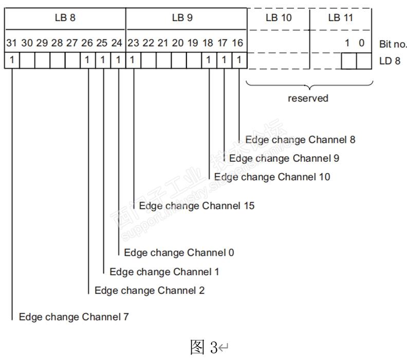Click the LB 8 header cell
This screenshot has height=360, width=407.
[65, 18]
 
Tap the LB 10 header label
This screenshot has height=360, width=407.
[279, 18]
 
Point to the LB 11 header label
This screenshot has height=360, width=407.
[341, 18]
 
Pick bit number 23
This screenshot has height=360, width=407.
[133, 43]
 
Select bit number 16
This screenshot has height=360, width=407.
[237, 43]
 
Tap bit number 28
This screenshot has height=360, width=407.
[57, 43]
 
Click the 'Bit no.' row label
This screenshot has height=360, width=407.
[393, 44]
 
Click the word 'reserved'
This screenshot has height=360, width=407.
[308, 98]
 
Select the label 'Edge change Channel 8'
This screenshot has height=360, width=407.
[300, 139]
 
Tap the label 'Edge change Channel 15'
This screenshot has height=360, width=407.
[197, 206]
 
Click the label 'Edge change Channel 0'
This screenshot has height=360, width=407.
[179, 253]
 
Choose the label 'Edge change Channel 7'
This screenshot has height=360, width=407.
[74, 317]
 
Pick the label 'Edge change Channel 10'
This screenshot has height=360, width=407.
[272, 177]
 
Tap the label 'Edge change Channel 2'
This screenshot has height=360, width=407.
[150, 291]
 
